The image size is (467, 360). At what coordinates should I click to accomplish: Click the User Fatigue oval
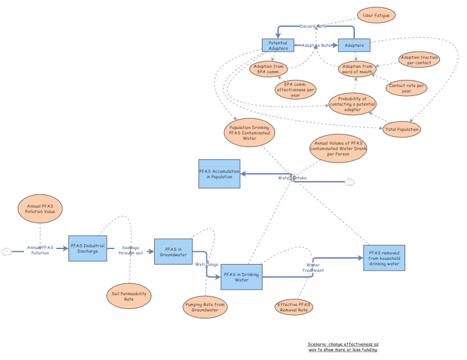(x=376, y=15)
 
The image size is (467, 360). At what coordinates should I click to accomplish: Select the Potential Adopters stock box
(x=278, y=46)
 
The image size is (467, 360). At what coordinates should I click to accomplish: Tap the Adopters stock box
(x=354, y=45)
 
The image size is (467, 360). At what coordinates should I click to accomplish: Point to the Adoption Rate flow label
(x=317, y=46)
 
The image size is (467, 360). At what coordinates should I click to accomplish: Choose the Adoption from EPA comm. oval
(x=268, y=68)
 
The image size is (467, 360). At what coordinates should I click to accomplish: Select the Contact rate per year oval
(x=407, y=88)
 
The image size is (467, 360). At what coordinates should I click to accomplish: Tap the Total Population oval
(x=402, y=129)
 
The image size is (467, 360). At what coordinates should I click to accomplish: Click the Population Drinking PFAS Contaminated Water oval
(x=249, y=132)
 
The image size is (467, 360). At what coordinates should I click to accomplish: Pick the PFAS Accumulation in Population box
(x=219, y=173)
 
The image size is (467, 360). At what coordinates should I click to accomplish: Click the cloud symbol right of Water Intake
(x=350, y=182)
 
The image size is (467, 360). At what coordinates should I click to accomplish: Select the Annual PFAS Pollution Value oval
(x=40, y=209)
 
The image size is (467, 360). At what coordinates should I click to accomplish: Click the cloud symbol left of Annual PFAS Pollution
(x=7, y=251)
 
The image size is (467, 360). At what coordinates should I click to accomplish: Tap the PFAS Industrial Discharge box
(x=87, y=248)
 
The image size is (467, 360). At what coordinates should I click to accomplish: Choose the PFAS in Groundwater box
(x=172, y=251)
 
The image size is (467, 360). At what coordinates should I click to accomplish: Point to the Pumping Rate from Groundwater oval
(x=204, y=307)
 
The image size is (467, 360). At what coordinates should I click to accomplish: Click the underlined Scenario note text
(x=343, y=347)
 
